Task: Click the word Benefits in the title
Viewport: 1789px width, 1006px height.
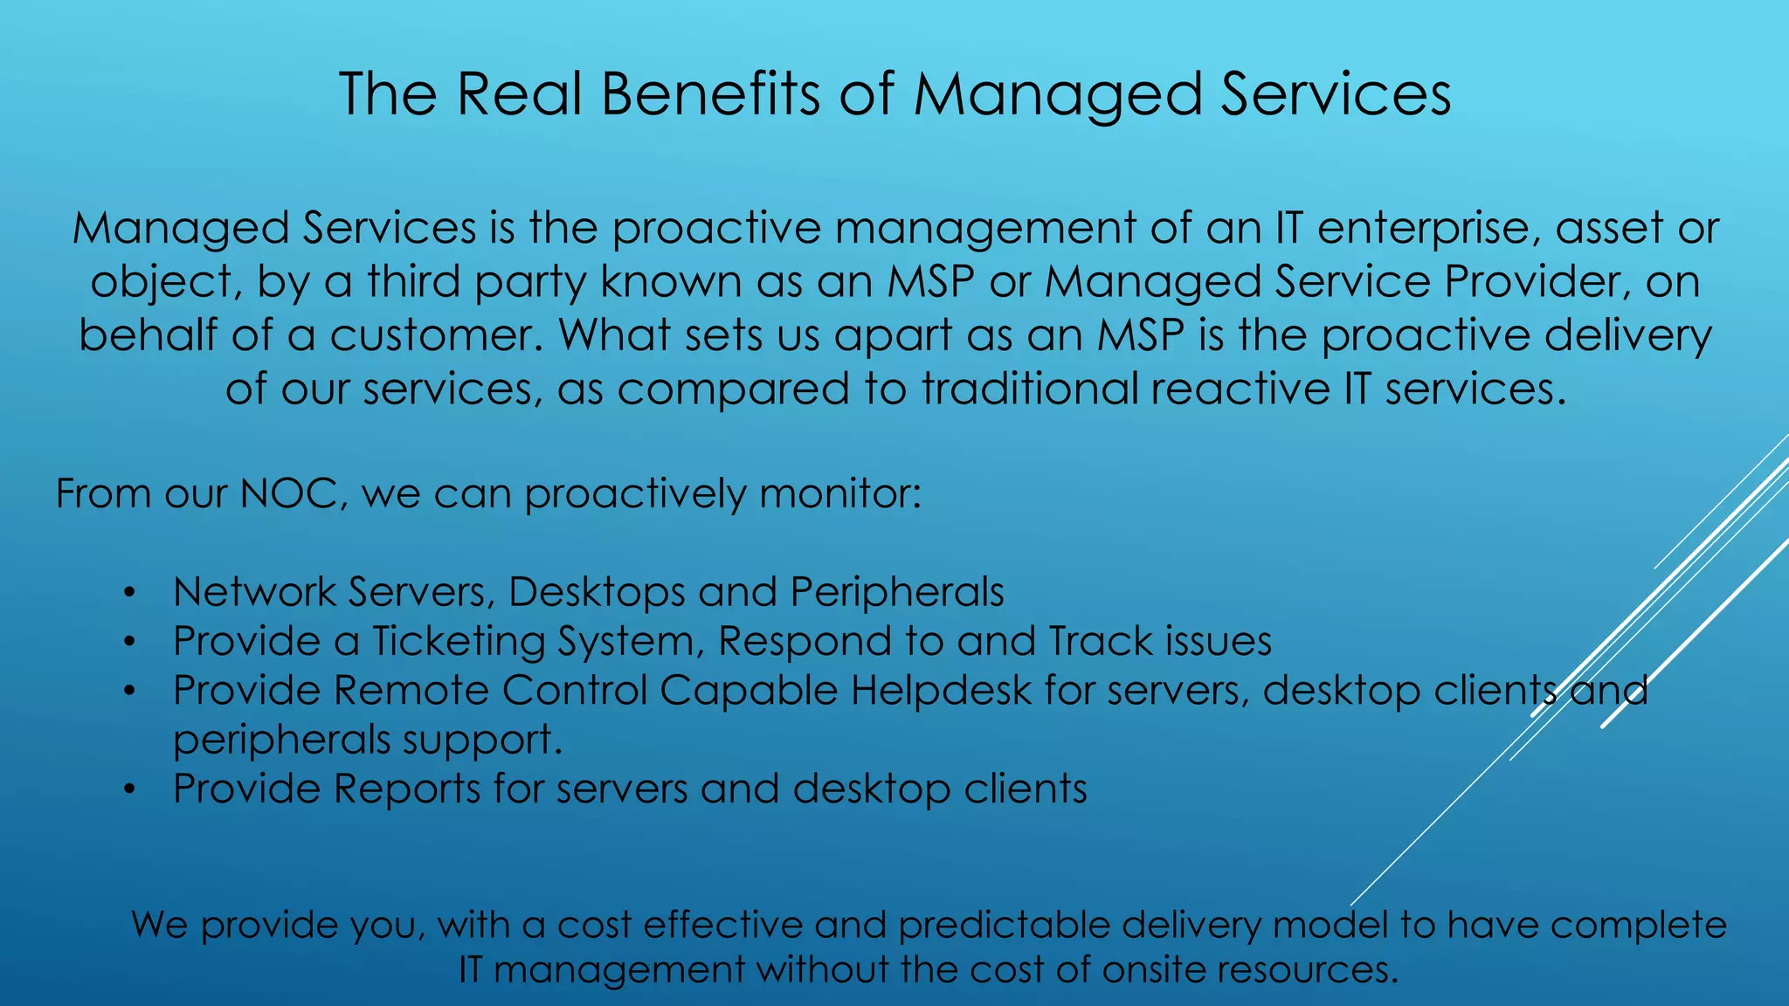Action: coord(710,93)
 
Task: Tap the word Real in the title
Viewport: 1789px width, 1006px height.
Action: coord(519,93)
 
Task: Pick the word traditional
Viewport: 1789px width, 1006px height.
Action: coord(1030,389)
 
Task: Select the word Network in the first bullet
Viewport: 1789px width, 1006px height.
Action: coord(254,592)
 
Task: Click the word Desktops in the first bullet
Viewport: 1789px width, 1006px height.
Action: coord(597,592)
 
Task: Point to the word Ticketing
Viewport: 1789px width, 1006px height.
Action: coord(459,641)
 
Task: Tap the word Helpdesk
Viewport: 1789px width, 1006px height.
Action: coord(941,691)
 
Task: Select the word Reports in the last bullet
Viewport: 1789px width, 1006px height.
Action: coord(406,789)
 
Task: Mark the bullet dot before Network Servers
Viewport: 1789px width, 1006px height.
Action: coord(128,594)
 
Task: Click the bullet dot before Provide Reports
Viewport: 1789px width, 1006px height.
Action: coord(128,790)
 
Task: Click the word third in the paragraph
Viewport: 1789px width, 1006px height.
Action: coord(412,282)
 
